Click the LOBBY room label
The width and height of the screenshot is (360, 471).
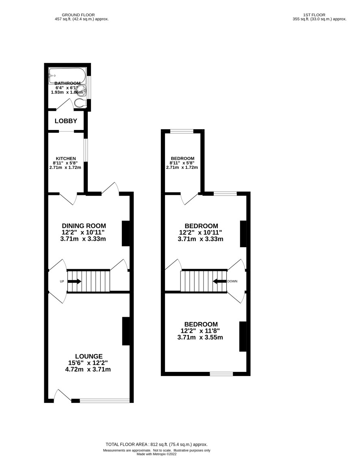pos(66,121)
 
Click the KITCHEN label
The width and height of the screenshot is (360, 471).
pos(66,159)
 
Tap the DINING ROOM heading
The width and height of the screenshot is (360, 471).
pos(84,226)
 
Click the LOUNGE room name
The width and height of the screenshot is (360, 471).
pos(89,356)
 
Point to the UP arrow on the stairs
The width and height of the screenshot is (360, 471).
pos(74,281)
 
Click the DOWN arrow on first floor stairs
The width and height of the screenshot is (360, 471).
pos(220,281)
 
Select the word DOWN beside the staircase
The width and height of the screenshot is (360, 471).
pos(232,281)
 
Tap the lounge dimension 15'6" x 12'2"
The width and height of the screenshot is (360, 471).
pos(88,363)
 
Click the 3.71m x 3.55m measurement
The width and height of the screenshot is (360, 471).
pos(200,337)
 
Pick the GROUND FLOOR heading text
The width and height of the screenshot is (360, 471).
pos(78,15)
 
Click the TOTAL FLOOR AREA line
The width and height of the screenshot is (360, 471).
pos(156,444)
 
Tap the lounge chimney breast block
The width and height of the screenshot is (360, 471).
pos(126,331)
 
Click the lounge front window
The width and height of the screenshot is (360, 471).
pos(105,400)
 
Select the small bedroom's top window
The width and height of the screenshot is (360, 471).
pos(182,131)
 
